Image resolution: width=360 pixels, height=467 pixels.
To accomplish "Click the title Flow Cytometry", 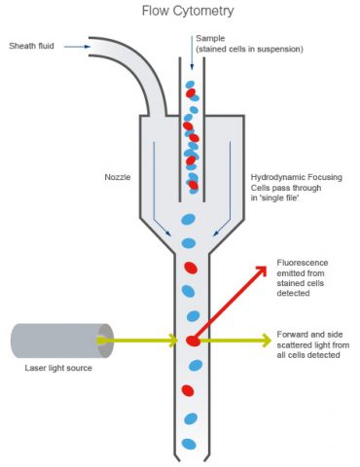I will (181, 12).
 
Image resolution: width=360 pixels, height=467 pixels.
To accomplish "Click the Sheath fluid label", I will (32, 45).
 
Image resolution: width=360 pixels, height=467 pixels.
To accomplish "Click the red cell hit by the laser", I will (192, 341).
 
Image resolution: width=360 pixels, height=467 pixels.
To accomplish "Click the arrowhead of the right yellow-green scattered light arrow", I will (267, 340).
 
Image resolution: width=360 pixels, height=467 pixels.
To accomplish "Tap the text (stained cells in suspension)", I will (249, 49).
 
